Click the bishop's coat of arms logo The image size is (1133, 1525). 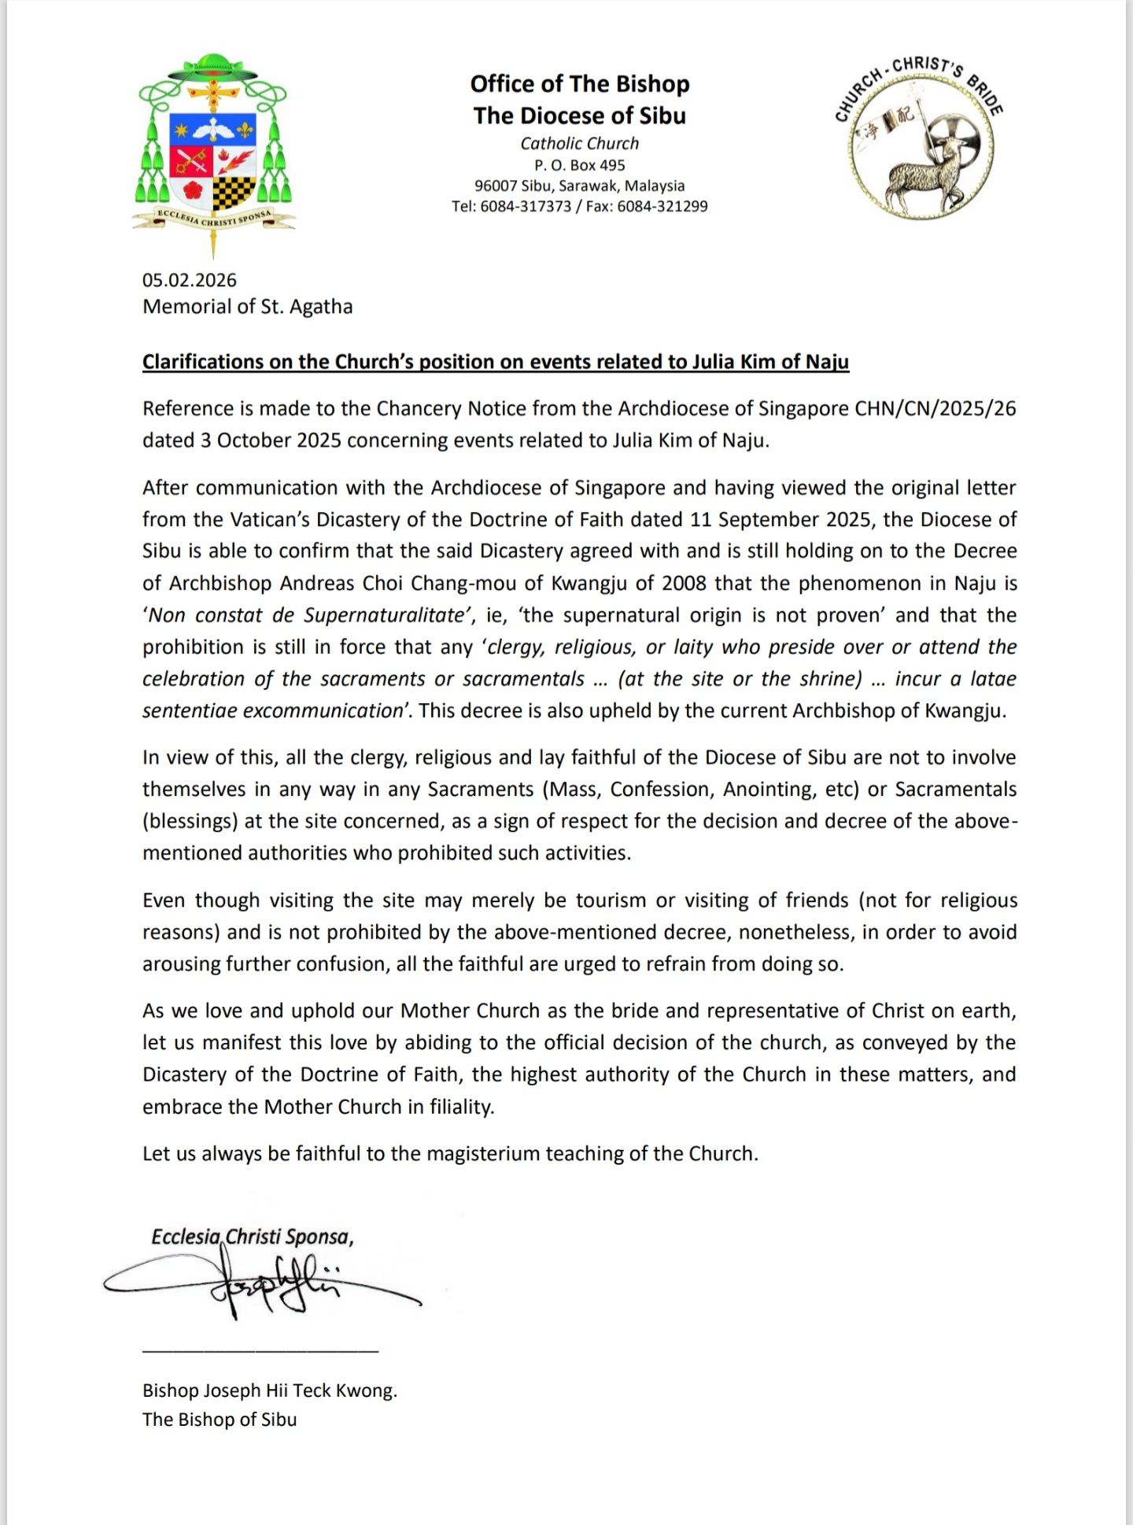213,149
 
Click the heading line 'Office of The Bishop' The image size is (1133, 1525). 580,84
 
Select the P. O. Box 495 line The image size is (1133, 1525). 580,165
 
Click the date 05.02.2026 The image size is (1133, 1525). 190,280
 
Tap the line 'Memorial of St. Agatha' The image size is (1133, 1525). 247,307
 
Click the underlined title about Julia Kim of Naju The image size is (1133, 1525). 496,362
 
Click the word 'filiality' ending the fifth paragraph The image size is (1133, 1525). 461,1107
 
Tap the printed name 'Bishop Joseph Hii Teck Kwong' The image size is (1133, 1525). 269,1391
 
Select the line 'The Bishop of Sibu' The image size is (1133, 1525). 220,1420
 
